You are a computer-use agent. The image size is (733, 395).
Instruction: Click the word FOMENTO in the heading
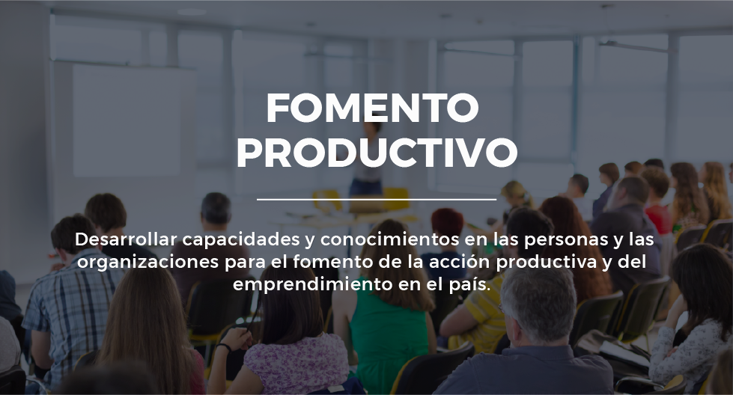(373, 108)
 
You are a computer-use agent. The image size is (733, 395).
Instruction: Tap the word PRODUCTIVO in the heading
(377, 153)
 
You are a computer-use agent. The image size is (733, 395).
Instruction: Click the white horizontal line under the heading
(377, 199)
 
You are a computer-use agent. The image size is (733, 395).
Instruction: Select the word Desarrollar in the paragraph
(126, 239)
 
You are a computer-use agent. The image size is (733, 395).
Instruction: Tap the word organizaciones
(148, 262)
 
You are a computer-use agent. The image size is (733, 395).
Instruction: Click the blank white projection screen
(127, 120)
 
